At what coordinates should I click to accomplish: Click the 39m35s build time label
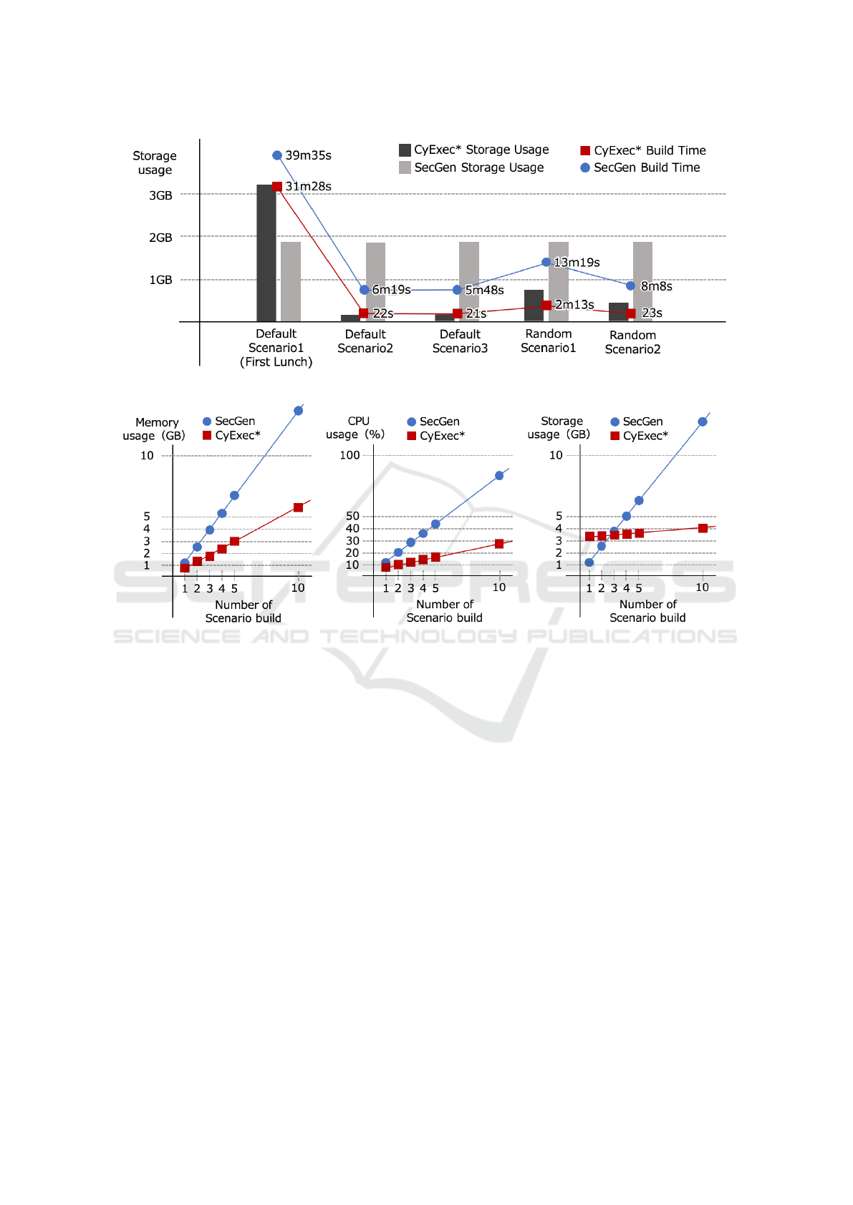[x=308, y=155]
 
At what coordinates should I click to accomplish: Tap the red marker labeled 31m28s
[x=277, y=186]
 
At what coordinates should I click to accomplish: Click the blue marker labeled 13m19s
[x=546, y=262]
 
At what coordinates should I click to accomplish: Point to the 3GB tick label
[x=160, y=195]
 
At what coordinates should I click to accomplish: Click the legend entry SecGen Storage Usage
[x=478, y=167]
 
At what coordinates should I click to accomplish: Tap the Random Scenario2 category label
[x=632, y=342]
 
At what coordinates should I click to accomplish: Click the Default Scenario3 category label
[x=460, y=341]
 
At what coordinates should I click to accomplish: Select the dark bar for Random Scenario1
[x=534, y=306]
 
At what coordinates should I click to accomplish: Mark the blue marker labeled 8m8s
[x=630, y=286]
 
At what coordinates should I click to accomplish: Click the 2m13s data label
[x=574, y=304]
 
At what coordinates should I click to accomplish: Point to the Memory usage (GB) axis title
[x=155, y=429]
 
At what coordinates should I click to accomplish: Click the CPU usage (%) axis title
[x=356, y=428]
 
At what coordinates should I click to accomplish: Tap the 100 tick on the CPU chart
[x=350, y=455]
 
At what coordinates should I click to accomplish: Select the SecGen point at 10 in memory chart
[x=298, y=411]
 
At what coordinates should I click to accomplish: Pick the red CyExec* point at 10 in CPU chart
[x=499, y=544]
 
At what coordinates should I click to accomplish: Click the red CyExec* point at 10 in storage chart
[x=703, y=528]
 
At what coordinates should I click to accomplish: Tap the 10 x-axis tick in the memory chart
[x=298, y=587]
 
